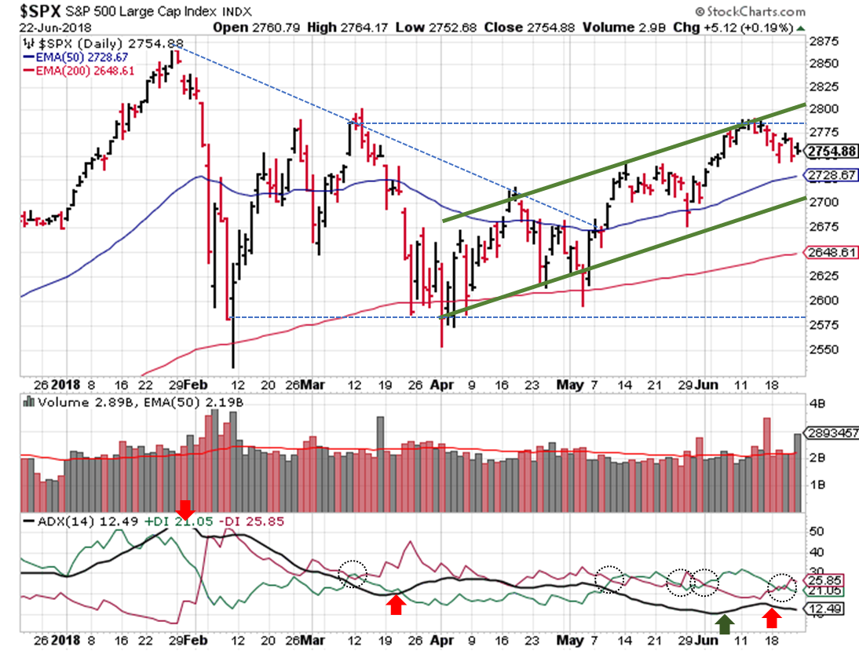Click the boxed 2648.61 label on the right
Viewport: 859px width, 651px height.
(x=832, y=252)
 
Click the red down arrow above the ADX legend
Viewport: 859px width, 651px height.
(x=186, y=509)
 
